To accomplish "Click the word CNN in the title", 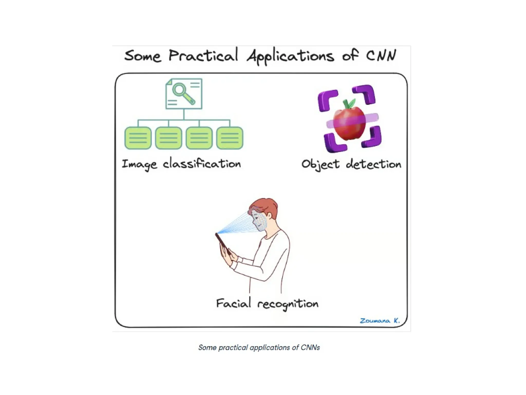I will tap(381, 55).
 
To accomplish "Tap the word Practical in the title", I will tap(203, 56).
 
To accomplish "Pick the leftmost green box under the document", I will tap(138, 138).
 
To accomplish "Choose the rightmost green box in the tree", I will tap(230, 138).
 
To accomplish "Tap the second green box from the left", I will tap(168, 138).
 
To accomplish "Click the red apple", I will tap(349, 123).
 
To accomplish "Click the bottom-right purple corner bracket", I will tap(372, 138).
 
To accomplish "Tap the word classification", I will tap(202, 164).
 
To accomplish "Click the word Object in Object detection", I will tap(320, 165).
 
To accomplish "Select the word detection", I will tap(373, 164).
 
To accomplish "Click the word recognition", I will tap(288, 304).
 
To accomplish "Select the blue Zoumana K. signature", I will tap(380, 321).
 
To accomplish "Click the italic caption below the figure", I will tap(259, 348).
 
